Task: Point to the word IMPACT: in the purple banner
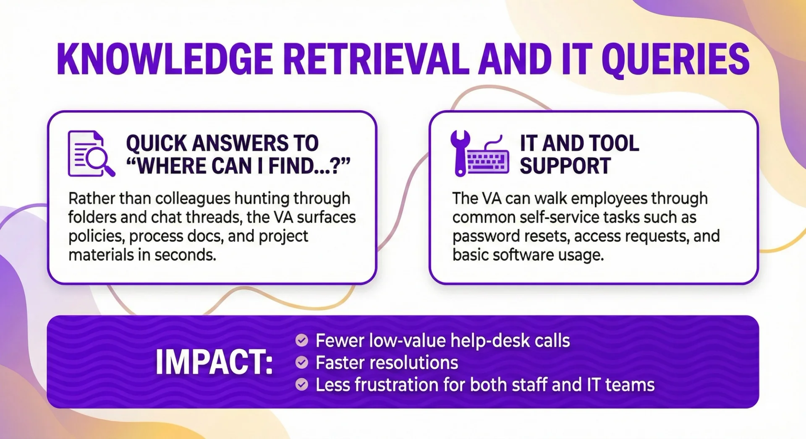tap(214, 362)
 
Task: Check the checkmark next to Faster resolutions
tap(301, 362)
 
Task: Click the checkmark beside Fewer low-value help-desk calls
tap(301, 340)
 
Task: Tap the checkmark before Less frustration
tap(301, 384)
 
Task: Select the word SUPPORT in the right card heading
tap(565, 166)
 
